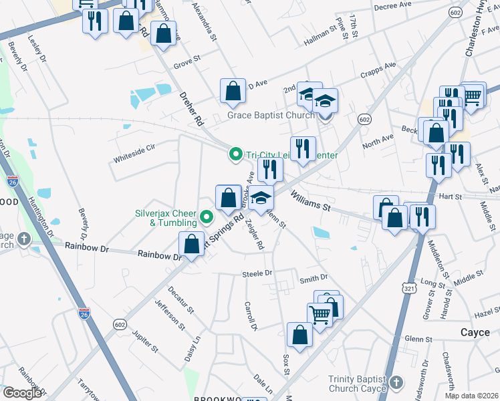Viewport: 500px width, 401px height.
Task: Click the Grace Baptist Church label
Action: tap(271, 115)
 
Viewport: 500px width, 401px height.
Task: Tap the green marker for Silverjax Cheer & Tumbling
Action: tap(207, 217)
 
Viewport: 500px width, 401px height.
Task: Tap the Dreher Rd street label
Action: tap(191, 109)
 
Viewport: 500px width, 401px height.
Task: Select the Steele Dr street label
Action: tap(258, 273)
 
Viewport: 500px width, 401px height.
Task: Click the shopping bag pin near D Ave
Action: tap(232, 92)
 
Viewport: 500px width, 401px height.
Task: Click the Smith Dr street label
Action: tap(314, 277)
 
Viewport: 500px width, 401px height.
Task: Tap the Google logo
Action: tap(22, 393)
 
